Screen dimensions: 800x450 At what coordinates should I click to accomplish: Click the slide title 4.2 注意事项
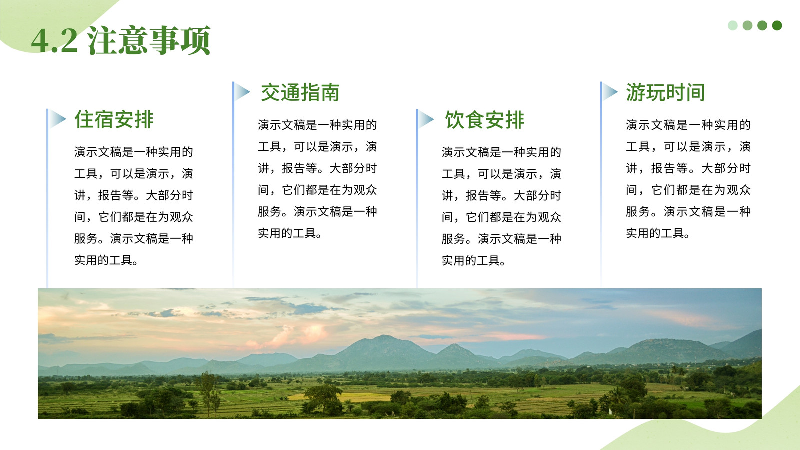click(121, 40)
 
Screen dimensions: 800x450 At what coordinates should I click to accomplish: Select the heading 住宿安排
click(114, 119)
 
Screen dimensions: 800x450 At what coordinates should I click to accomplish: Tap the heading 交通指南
click(300, 93)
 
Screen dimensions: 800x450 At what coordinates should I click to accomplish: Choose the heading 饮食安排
click(484, 120)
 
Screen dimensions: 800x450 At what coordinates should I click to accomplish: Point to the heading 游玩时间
click(665, 93)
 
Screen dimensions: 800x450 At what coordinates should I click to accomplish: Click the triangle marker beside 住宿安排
click(57, 119)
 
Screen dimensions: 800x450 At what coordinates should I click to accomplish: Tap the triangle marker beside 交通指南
click(242, 92)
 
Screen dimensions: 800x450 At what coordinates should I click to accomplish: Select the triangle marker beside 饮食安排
click(426, 119)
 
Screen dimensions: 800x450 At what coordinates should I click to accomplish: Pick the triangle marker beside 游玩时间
click(610, 92)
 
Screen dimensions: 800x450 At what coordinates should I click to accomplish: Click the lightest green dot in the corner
click(733, 25)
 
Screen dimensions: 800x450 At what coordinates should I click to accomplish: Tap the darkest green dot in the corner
click(777, 25)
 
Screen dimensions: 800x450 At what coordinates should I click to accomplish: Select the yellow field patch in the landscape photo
click(343, 397)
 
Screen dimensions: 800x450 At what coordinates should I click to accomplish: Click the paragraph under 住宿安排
click(134, 206)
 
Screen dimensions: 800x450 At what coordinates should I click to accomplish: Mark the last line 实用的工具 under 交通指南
click(289, 233)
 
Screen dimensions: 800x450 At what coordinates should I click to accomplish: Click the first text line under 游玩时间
click(688, 125)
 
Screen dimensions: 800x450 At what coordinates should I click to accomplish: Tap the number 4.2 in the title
click(54, 41)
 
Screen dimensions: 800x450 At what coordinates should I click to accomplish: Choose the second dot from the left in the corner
click(747, 25)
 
